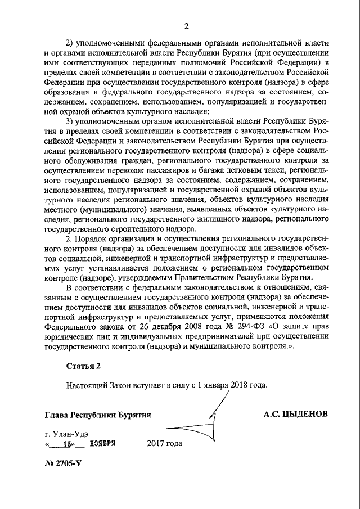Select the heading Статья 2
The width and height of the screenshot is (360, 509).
[83, 366]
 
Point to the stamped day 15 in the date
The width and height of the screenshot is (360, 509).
[69, 443]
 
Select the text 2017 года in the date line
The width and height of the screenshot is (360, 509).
[165, 443]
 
